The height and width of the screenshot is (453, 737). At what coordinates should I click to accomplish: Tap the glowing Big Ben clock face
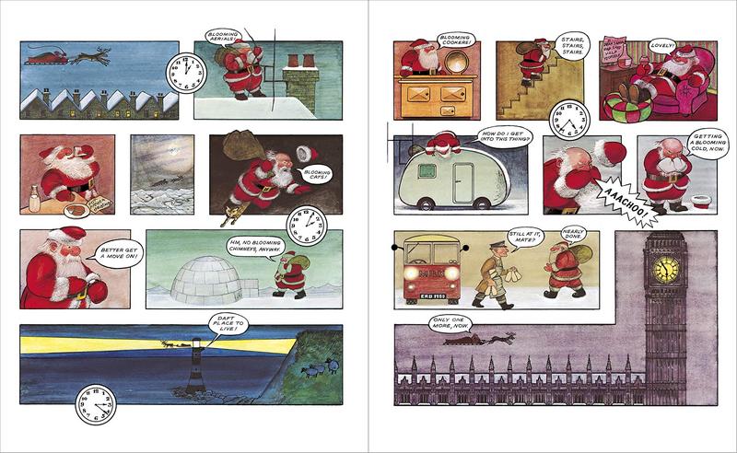coord(665,269)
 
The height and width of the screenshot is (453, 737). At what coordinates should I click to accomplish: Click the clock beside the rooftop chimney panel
coord(182,70)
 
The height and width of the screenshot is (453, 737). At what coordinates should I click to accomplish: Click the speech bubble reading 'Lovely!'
coord(662,44)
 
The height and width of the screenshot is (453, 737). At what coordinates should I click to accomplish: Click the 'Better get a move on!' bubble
coord(105,251)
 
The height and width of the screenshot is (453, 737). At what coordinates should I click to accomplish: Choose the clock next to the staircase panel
coord(568,120)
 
